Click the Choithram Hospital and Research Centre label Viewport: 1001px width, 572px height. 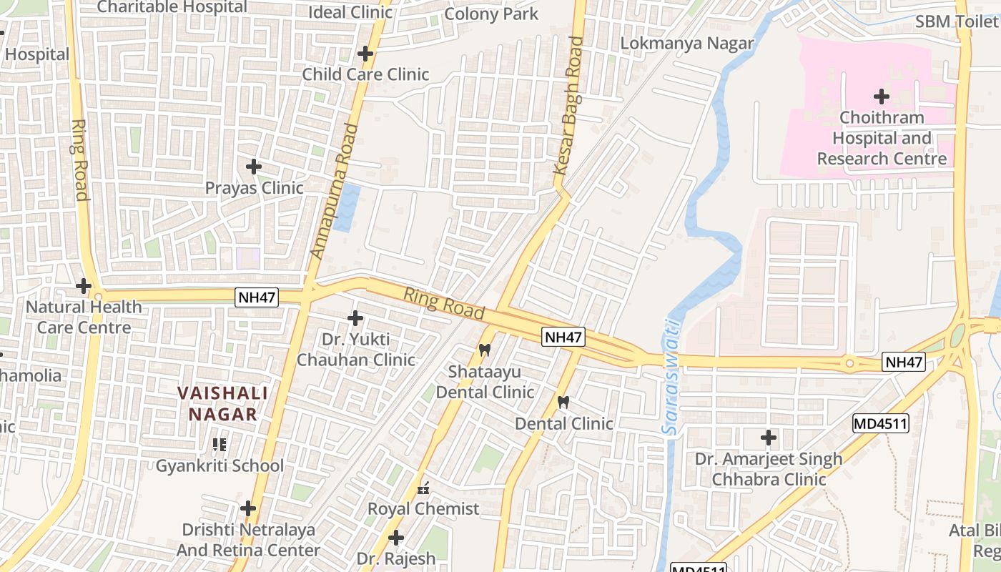(882, 138)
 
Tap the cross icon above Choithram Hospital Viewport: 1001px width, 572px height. (882, 96)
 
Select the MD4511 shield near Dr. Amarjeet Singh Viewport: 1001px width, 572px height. (880, 424)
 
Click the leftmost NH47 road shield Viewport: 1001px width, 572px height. (257, 297)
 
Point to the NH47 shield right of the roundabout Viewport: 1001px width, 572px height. (904, 362)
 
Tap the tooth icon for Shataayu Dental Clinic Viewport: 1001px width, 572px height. (484, 350)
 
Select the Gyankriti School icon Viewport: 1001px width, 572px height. (220, 445)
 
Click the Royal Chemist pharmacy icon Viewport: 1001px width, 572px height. (423, 489)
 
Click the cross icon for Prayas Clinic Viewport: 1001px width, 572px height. (253, 167)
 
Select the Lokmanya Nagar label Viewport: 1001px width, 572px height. (686, 43)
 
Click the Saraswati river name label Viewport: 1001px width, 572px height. (670, 377)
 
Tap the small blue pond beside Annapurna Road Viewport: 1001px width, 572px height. (347, 207)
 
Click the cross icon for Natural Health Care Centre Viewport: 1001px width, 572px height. (84, 286)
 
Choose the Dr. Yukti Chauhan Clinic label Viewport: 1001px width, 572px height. (355, 350)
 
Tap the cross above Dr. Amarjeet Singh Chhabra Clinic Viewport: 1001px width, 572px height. (769, 437)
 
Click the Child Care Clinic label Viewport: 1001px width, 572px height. (365, 74)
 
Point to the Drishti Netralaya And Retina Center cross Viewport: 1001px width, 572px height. (248, 508)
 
